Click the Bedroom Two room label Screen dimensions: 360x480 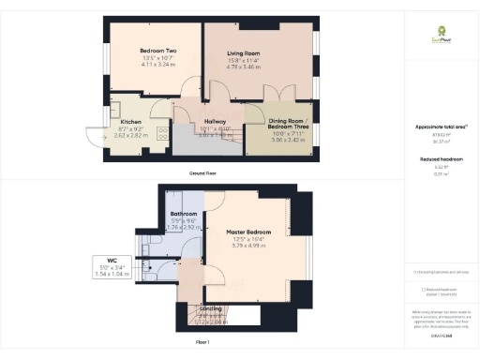158,51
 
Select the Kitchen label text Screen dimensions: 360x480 131,121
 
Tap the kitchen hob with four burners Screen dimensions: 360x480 161,133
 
